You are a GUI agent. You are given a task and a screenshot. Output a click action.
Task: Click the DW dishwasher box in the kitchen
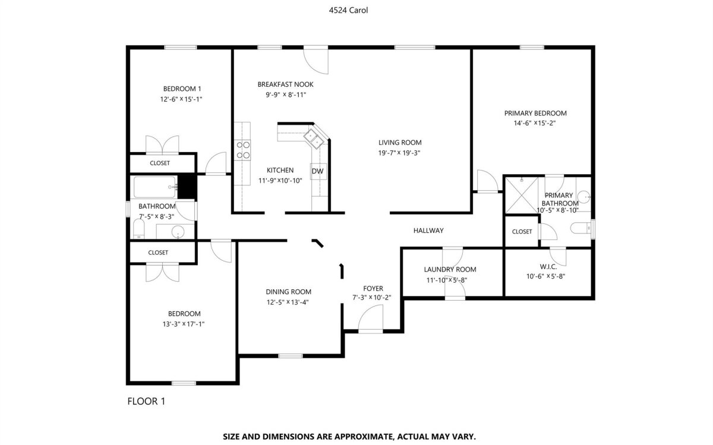pos(318,171)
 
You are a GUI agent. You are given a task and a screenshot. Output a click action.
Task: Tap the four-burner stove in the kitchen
pos(242,150)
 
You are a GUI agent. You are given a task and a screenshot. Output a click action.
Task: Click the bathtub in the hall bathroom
pos(154,187)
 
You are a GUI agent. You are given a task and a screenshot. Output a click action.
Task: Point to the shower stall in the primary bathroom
pos(522,195)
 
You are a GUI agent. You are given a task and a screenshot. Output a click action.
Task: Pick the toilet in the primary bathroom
pos(582,228)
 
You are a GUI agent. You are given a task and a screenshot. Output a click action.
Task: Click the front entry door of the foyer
pos(371,319)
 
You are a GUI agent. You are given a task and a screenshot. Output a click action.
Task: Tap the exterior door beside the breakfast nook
pos(316,61)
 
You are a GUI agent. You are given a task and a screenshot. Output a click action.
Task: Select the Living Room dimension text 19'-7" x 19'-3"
pos(399,153)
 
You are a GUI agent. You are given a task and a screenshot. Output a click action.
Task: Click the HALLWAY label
pos(428,231)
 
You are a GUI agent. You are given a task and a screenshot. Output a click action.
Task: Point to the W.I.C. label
pos(548,267)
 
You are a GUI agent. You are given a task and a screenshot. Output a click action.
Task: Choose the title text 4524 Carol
pos(348,11)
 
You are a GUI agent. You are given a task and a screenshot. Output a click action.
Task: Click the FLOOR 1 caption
pos(146,402)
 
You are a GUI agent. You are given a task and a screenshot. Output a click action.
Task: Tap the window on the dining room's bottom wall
pos(291,355)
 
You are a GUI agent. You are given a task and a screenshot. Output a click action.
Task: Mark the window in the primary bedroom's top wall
pos(532,48)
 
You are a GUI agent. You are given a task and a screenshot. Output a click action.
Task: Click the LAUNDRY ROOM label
pos(450,270)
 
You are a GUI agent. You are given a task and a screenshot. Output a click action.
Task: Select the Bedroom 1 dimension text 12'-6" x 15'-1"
pos(181,99)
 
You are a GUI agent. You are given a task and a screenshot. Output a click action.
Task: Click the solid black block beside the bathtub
pos(187,187)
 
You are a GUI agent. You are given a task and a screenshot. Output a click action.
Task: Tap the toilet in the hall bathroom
pos(139,229)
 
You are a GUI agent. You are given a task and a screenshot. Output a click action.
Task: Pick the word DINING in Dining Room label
pos(277,292)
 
